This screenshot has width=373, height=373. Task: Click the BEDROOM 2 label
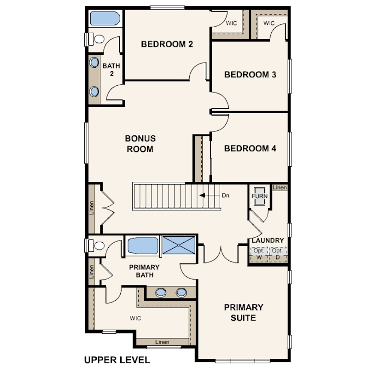167,44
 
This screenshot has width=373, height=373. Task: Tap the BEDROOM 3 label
250,75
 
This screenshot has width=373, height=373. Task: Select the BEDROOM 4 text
250,148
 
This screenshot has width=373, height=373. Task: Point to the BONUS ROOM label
140,144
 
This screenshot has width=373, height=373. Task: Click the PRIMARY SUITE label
244,312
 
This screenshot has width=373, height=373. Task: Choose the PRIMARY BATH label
145,271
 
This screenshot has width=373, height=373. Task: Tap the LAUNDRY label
268,240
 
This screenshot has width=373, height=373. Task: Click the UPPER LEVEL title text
117,360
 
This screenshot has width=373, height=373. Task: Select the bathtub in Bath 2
105,18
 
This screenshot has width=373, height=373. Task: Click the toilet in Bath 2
97,39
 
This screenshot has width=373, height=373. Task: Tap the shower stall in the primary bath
179,245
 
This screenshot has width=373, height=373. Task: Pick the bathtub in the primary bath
143,246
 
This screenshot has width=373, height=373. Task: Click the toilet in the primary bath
97,246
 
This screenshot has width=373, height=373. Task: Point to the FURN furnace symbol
260,196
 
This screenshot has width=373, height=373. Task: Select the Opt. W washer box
259,254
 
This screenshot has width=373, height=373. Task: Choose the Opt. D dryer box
278,254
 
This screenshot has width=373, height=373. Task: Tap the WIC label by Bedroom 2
231,23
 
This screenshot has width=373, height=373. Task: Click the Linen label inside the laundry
280,187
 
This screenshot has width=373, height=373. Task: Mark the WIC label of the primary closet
135,318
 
